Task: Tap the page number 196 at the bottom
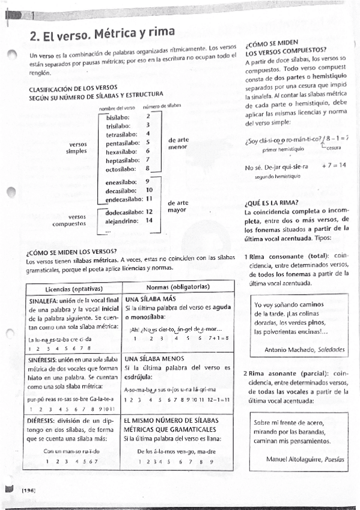(28, 491)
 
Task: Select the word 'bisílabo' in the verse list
(118, 117)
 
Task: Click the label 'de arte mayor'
(178, 207)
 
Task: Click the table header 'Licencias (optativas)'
(73, 287)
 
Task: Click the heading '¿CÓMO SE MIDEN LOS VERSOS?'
(72, 251)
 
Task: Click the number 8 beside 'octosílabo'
(148, 169)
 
